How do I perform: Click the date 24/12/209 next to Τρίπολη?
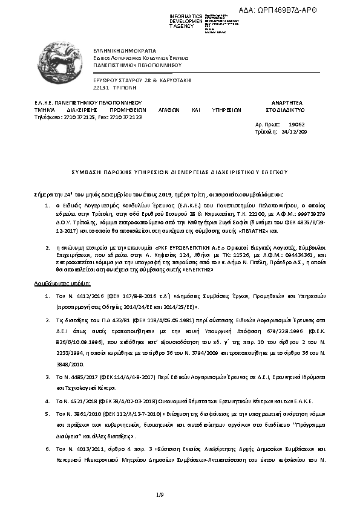[295, 131]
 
